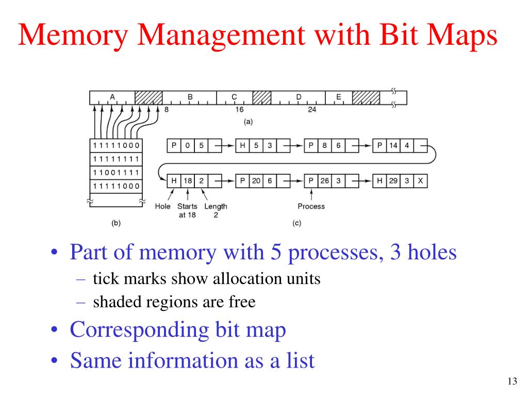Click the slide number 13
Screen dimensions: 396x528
pos(511,382)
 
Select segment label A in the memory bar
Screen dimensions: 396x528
pos(112,97)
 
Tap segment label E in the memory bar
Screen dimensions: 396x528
pos(338,97)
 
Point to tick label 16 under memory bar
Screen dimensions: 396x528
pos(239,110)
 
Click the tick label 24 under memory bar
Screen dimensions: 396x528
pos(312,110)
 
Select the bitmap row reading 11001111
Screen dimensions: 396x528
pos(116,172)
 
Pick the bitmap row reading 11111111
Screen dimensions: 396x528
pos(116,159)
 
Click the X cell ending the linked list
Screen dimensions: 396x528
pos(421,181)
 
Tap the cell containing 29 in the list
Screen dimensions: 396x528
pos(393,181)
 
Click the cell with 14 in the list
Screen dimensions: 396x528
pos(393,145)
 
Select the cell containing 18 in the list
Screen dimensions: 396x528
pos(188,181)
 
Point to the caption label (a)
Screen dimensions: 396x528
pos(248,122)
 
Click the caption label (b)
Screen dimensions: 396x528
pos(116,223)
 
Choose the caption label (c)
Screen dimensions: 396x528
pos(296,223)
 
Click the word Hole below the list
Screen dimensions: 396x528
pos(163,206)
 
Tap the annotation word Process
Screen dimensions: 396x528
pos(311,206)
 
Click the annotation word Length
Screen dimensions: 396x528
pos(216,206)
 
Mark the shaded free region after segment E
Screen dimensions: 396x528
pos(366,97)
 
